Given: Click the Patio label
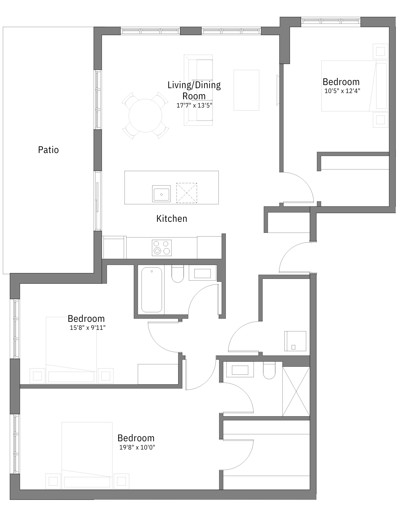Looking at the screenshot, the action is (48, 150).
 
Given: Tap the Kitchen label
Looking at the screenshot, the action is (172, 219).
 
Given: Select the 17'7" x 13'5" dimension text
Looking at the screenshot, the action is (194, 105).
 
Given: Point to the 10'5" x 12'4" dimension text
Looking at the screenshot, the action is (342, 91).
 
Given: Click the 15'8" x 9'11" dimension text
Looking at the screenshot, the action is (88, 328).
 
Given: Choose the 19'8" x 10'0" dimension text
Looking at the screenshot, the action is (137, 447).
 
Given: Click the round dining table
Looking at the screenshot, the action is (145, 116).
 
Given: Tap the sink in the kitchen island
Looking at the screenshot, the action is (161, 194).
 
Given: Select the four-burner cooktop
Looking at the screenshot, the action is (162, 248).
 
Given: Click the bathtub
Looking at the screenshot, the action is (152, 290).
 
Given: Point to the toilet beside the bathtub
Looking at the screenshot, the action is (178, 274).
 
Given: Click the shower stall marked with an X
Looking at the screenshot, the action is (296, 391).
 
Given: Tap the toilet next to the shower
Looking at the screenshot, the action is (269, 370).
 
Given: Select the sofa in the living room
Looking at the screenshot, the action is (198, 90).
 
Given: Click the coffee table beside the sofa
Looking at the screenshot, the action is (246, 90).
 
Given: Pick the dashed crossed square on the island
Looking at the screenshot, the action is (187, 193).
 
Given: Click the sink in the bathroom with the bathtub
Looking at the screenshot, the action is (203, 273).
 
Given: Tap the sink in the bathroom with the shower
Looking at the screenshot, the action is (240, 370).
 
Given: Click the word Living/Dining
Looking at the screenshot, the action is (194, 85).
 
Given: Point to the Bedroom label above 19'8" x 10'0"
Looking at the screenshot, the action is (136, 438).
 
